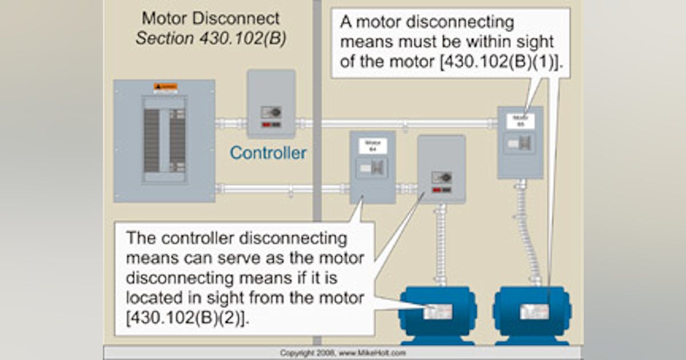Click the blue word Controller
pos(268,153)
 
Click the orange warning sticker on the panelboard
pos(165,87)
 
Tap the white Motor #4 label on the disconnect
pos(373,146)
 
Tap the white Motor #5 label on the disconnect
pos(520,121)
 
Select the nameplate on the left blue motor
pos(438,311)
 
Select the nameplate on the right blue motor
pos(534,311)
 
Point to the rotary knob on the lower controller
pos(445,177)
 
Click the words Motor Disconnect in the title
pos(211,18)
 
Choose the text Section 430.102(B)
pos(211,39)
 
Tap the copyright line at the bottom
pos(343,353)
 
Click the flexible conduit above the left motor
pos(440,246)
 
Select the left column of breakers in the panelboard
pos(151,140)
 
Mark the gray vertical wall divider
pos(317,114)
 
